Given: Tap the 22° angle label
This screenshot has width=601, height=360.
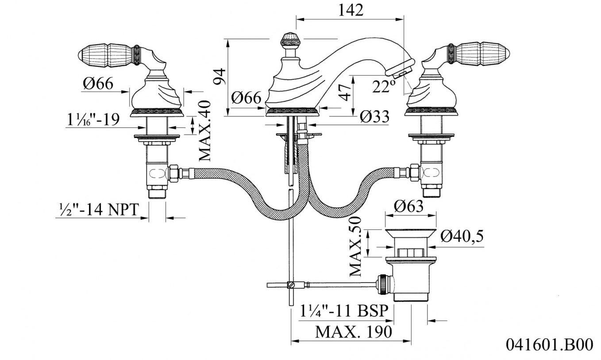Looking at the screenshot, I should (384, 87).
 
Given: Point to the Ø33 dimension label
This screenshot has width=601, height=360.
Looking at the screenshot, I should (374, 116).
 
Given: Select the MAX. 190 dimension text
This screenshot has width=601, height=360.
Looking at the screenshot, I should (354, 331).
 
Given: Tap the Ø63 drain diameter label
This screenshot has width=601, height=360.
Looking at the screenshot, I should (408, 206).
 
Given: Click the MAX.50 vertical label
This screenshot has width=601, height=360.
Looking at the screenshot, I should (355, 247).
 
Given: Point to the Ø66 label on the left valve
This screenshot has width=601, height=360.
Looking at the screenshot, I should (98, 83).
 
